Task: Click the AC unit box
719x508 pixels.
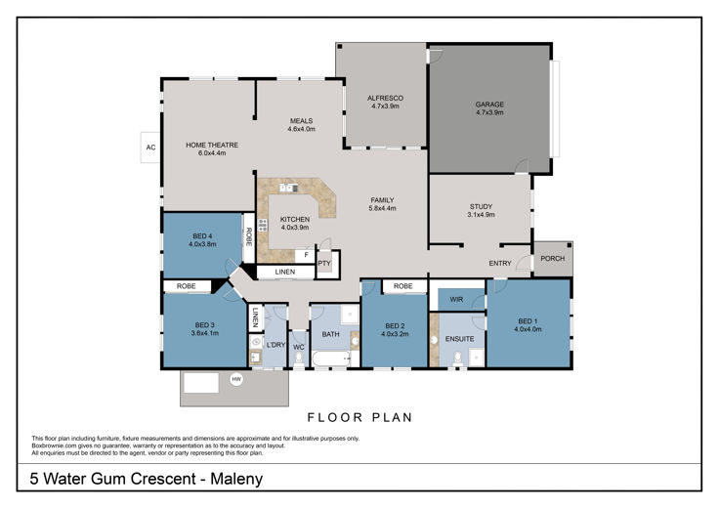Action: pos(150,148)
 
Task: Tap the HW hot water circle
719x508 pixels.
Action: pos(236,379)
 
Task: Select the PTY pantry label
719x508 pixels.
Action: pos(324,264)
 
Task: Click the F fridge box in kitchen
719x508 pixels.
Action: pos(306,255)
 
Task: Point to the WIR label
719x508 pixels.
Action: pos(456,299)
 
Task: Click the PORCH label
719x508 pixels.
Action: pos(553,258)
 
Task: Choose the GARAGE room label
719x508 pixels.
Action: pos(489,105)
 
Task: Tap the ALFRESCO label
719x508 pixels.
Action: pos(385,98)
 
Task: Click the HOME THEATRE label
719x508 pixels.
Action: pos(212,145)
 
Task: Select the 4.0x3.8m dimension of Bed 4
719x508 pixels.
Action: pos(202,244)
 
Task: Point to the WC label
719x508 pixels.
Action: pos(299,347)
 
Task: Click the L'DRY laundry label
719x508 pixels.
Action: pos(275,345)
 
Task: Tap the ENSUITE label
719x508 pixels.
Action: pos(459,339)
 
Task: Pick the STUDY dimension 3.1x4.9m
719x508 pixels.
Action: pos(481,215)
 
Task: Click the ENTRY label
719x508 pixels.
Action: pos(500,263)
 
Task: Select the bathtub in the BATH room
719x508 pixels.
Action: pos(331,359)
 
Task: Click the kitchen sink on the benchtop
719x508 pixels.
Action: pos(289,188)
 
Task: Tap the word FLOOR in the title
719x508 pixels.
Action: pos(335,418)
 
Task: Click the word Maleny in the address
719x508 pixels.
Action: pos(236,479)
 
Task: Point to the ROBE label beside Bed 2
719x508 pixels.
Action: pos(403,286)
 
